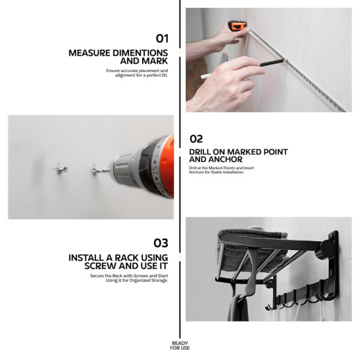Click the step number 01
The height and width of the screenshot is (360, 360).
click(x=162, y=38)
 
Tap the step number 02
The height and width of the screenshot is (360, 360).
click(x=196, y=139)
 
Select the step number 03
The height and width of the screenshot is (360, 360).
click(x=161, y=243)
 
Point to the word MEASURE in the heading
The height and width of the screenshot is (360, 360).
click(x=89, y=53)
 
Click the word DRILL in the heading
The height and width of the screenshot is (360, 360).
click(x=200, y=152)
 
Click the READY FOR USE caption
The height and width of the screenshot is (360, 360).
click(x=180, y=346)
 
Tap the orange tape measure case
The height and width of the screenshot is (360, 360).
click(x=238, y=25)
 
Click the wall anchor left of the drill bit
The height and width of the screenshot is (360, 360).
click(x=60, y=169)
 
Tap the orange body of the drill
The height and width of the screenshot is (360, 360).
click(x=167, y=167)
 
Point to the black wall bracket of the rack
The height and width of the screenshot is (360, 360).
click(x=332, y=264)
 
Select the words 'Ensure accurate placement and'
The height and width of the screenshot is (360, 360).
click(x=137, y=71)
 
